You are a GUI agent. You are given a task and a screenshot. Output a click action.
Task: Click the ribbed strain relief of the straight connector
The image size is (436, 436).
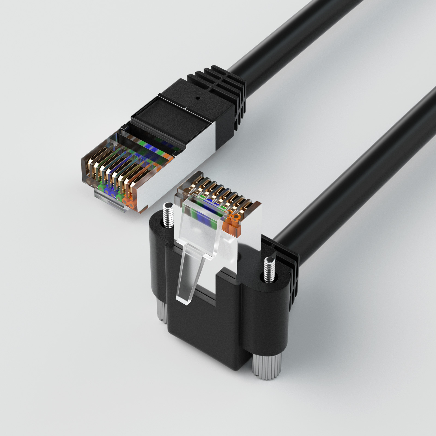point(229,90)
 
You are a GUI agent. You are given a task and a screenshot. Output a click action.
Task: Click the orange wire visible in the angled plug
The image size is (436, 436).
point(232,223)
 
